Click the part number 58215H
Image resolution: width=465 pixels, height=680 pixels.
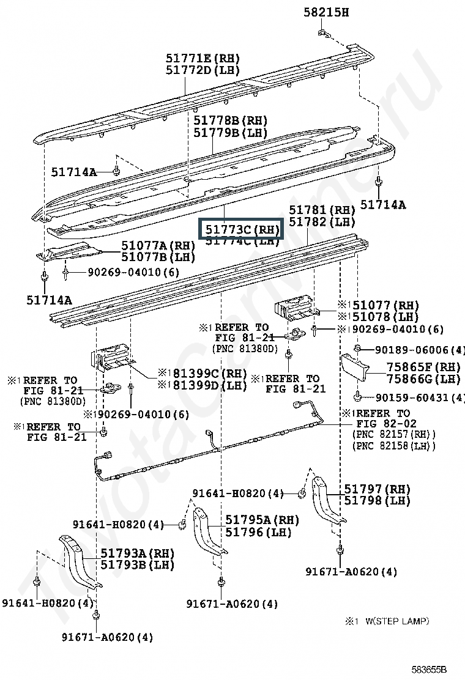tap(327, 12)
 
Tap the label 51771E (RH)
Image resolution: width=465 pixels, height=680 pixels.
tap(203, 58)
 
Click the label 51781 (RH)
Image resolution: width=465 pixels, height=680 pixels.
tap(322, 211)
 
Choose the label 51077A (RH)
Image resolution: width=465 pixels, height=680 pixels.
tap(158, 245)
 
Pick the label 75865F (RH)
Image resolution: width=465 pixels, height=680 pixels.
tap(423, 368)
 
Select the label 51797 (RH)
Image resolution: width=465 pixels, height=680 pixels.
tap(376, 489)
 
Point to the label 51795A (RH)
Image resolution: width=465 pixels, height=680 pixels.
tap(262, 520)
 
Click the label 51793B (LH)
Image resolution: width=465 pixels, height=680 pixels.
tap(138, 564)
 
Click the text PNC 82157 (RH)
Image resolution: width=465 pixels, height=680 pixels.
tap(393, 434)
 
